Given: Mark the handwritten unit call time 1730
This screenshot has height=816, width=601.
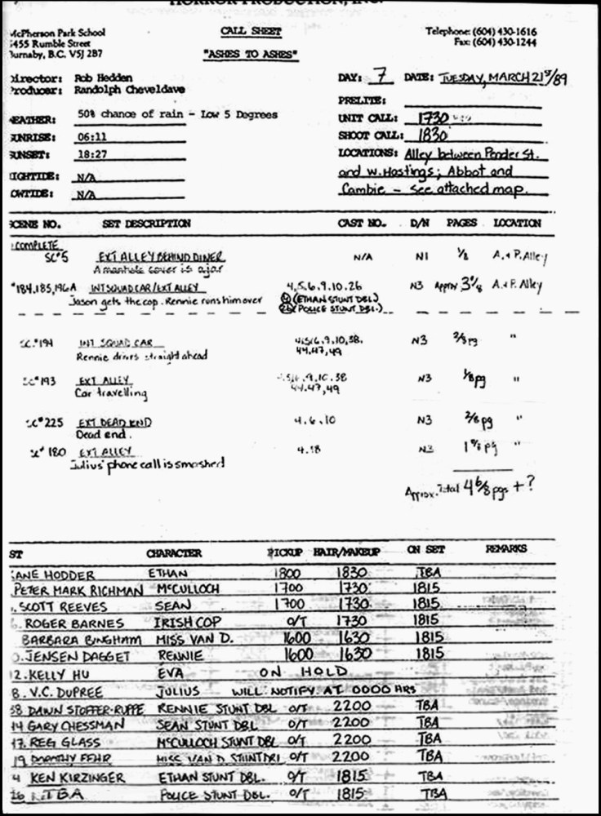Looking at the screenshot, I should coord(434,118).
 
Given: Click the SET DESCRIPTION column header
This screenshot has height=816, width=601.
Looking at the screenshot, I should coord(146,223).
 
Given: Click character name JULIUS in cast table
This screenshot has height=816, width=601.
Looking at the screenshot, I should coord(169,691).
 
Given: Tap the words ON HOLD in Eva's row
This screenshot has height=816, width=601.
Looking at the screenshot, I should coord(302,672).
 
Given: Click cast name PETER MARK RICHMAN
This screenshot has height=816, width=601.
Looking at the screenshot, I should coord(65,589).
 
